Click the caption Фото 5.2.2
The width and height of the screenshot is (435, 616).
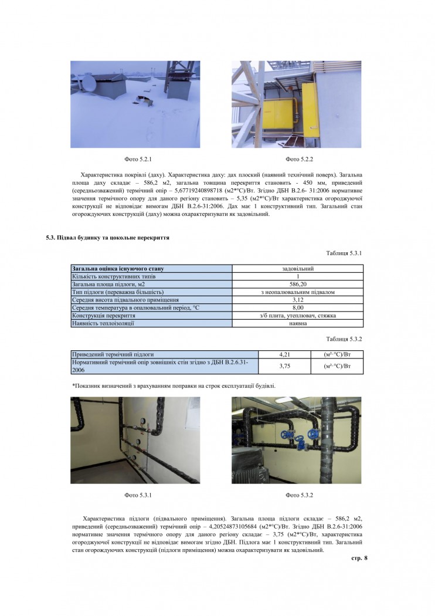[300, 159]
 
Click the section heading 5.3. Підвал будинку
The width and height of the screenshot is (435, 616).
[108, 238]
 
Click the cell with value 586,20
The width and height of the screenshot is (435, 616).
[298, 284]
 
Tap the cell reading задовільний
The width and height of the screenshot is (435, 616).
[298, 269]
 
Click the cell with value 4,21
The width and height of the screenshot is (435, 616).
[283, 354]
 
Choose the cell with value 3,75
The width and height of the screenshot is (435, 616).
[283, 365]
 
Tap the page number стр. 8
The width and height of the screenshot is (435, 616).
[359, 557]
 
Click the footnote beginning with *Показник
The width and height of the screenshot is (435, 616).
[174, 385]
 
